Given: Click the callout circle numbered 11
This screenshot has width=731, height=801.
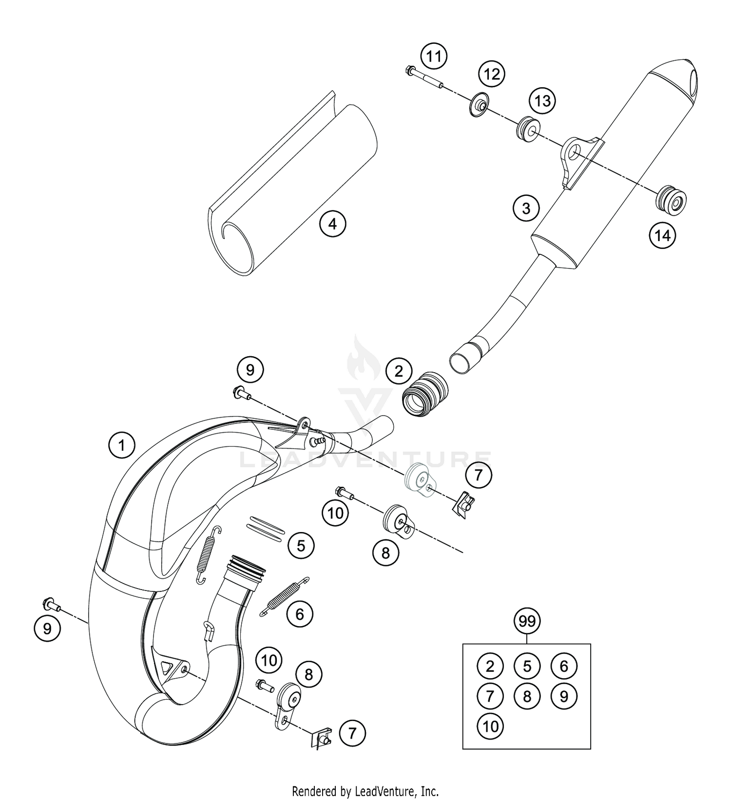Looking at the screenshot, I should (x=434, y=57).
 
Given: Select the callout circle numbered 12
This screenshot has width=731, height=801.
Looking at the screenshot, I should (x=491, y=75).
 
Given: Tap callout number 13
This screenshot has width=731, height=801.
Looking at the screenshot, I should (x=542, y=101).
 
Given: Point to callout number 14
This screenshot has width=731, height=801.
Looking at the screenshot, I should (x=662, y=236).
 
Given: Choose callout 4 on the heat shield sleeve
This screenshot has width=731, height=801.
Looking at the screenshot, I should (x=332, y=224).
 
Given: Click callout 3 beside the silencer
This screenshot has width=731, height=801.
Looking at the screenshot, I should (x=526, y=209).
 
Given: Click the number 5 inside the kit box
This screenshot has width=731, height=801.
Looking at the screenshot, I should (x=527, y=666).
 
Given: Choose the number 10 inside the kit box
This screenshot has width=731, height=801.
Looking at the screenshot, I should (x=490, y=726).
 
